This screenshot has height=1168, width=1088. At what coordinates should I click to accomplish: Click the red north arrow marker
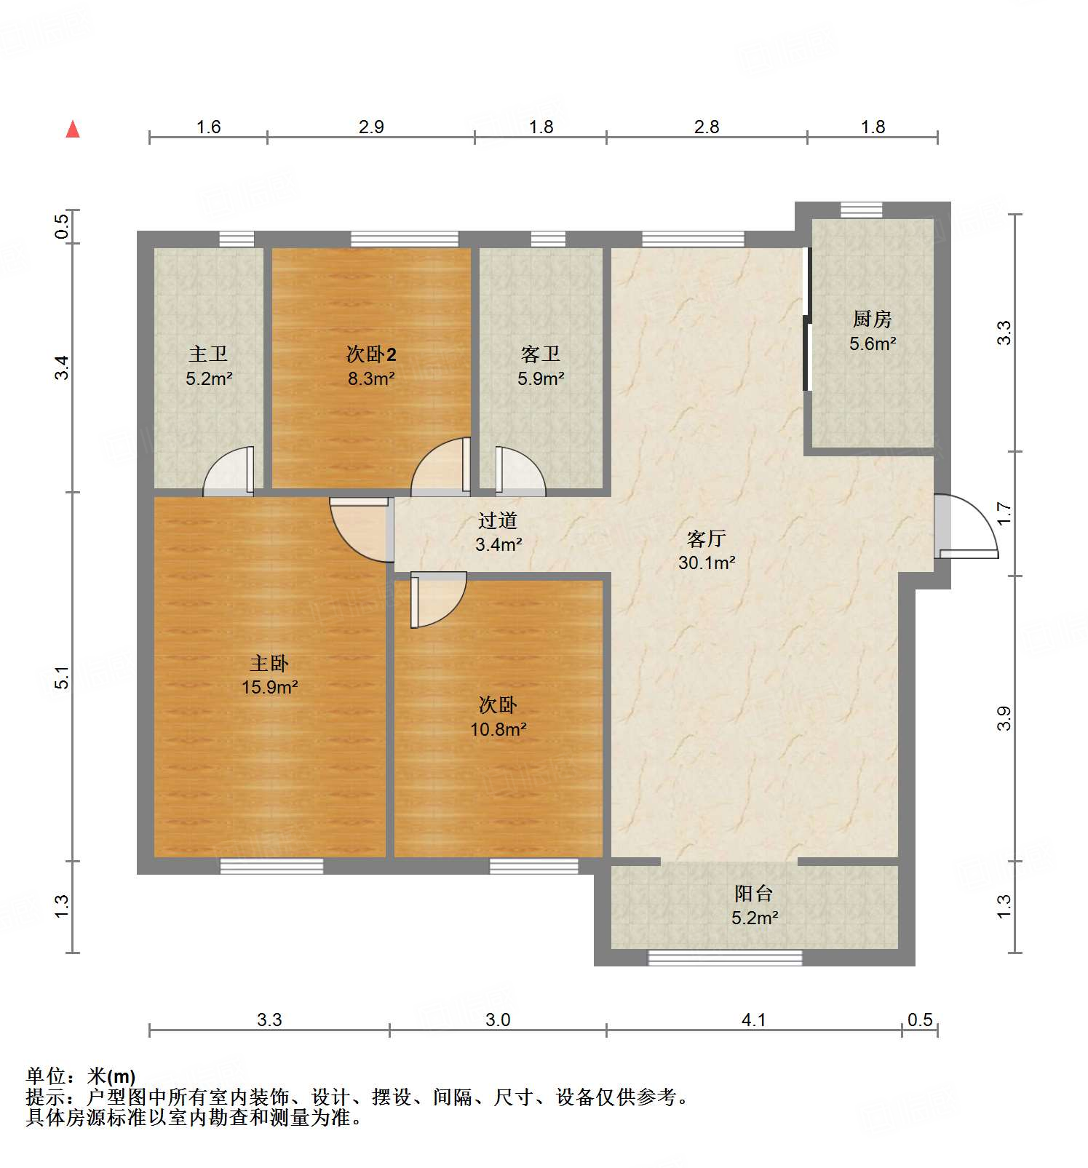click(73, 130)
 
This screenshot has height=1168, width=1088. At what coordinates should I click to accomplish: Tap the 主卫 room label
click(208, 354)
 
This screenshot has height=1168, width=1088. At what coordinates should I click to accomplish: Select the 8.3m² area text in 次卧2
click(371, 378)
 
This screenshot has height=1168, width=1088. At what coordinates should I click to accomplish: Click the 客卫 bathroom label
click(541, 354)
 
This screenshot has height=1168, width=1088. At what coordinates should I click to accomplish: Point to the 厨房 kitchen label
click(872, 319)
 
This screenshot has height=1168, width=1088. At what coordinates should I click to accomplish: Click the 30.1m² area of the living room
click(707, 563)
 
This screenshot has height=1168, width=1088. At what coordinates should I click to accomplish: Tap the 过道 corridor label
click(498, 520)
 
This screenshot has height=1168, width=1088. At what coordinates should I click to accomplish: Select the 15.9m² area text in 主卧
click(270, 687)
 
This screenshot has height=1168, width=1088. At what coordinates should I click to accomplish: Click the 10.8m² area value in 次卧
click(498, 729)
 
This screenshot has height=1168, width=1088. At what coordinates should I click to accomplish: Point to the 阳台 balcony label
click(753, 893)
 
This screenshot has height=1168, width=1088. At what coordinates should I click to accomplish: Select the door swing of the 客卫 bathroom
click(518, 472)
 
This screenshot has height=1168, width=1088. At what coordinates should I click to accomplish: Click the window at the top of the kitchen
click(861, 210)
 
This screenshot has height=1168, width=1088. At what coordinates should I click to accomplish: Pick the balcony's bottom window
click(725, 958)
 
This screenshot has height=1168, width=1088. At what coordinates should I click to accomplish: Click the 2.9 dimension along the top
click(371, 127)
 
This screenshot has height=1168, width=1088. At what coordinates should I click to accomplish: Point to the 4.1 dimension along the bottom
click(753, 1020)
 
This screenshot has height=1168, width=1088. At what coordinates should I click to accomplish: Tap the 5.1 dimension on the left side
click(63, 677)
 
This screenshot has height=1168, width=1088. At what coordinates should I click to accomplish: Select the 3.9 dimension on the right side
click(1004, 718)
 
